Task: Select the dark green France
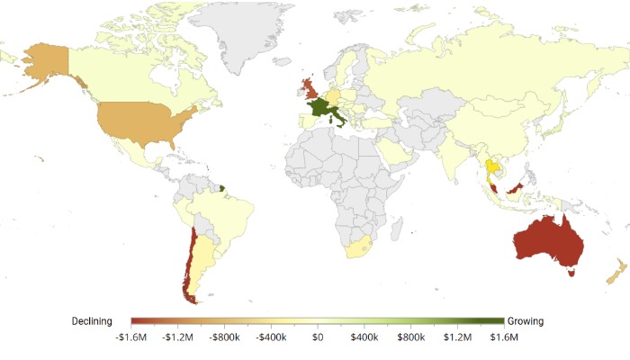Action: point(319,109)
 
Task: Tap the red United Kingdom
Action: point(310,89)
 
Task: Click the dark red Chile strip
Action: point(185,261)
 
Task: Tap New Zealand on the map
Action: point(615,274)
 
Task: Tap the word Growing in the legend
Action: point(526,321)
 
